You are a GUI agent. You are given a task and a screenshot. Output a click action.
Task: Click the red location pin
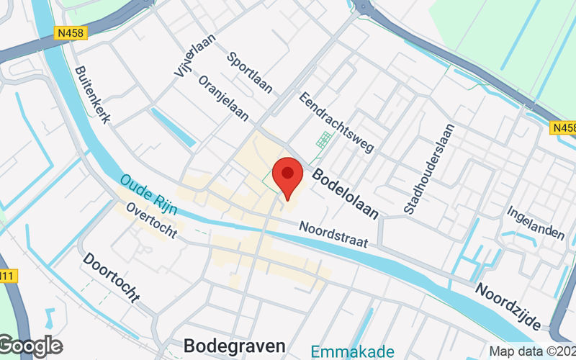[289, 177]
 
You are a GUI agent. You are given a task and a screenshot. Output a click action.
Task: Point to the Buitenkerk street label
[91, 95]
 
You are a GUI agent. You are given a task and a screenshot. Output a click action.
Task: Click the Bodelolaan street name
[345, 193]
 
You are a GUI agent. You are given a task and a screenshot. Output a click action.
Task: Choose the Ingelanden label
[534, 223]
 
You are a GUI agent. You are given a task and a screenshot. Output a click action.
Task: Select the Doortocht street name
[111, 276]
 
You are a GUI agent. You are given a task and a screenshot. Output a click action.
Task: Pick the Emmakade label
[353, 351]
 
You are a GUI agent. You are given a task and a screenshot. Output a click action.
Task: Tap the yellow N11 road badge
[7, 276]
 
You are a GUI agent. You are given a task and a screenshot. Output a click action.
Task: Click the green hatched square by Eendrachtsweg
[324, 139]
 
